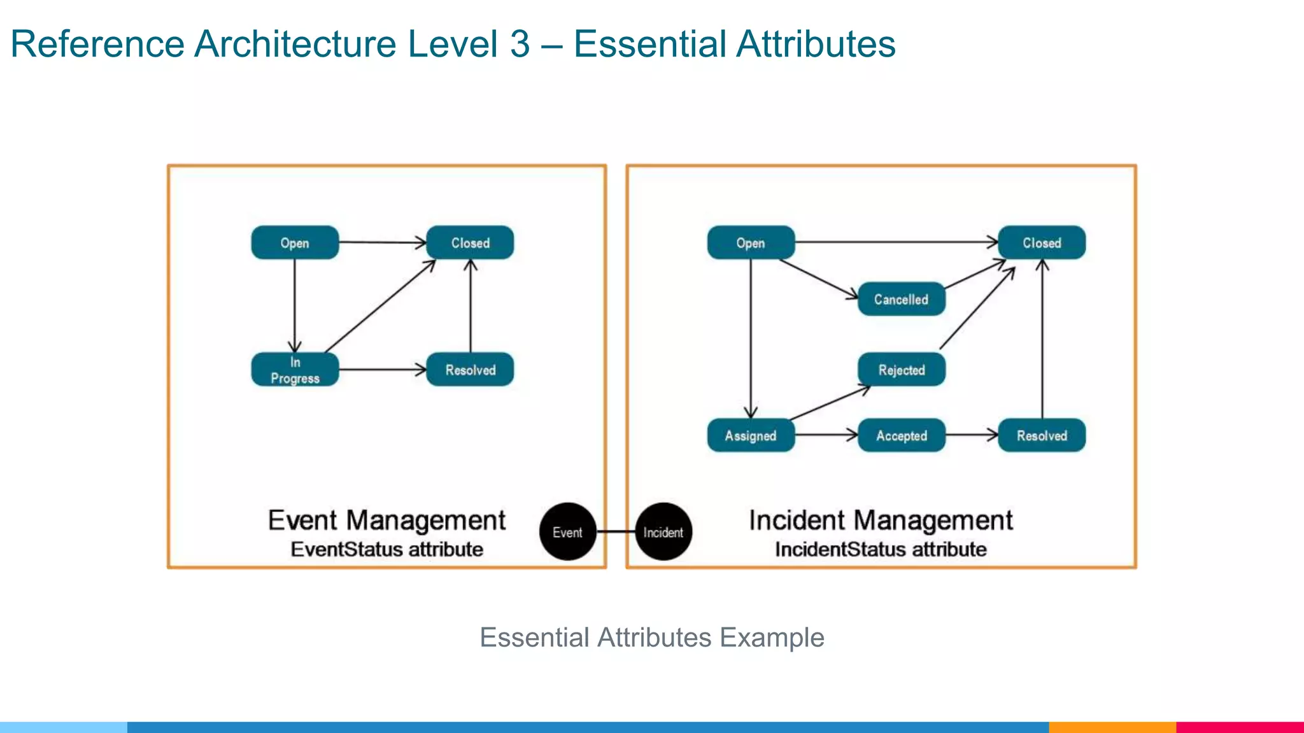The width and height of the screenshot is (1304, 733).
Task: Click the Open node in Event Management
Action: tap(295, 242)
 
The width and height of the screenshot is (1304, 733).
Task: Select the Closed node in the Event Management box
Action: tap(470, 242)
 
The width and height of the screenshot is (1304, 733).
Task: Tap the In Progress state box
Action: tap(295, 370)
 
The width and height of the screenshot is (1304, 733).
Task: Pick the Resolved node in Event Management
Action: tap(470, 370)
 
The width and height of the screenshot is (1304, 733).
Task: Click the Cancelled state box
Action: tap(901, 299)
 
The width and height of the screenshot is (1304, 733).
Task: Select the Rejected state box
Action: tap(901, 370)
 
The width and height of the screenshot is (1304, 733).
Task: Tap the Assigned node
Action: tap(751, 435)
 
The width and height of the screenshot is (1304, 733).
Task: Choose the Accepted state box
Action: tap(901, 435)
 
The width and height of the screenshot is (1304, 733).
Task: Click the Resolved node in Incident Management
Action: tap(1042, 435)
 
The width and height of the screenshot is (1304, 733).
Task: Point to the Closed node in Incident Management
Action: tap(1042, 242)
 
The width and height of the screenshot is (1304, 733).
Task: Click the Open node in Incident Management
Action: tap(751, 242)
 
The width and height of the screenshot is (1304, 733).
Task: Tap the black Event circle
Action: tap(567, 532)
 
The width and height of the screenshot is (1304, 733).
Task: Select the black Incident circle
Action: tap(663, 532)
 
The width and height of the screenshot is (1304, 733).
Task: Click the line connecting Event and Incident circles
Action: tap(616, 531)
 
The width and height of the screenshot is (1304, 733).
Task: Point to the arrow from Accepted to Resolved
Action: tap(972, 435)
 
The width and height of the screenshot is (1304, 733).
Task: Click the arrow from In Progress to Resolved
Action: tap(382, 370)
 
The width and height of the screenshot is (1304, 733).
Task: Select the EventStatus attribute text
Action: tap(386, 549)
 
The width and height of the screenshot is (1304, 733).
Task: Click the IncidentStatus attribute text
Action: tap(881, 549)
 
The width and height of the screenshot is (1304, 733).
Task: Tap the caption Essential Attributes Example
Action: tap(651, 637)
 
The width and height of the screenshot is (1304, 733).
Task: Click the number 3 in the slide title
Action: tap(520, 44)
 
